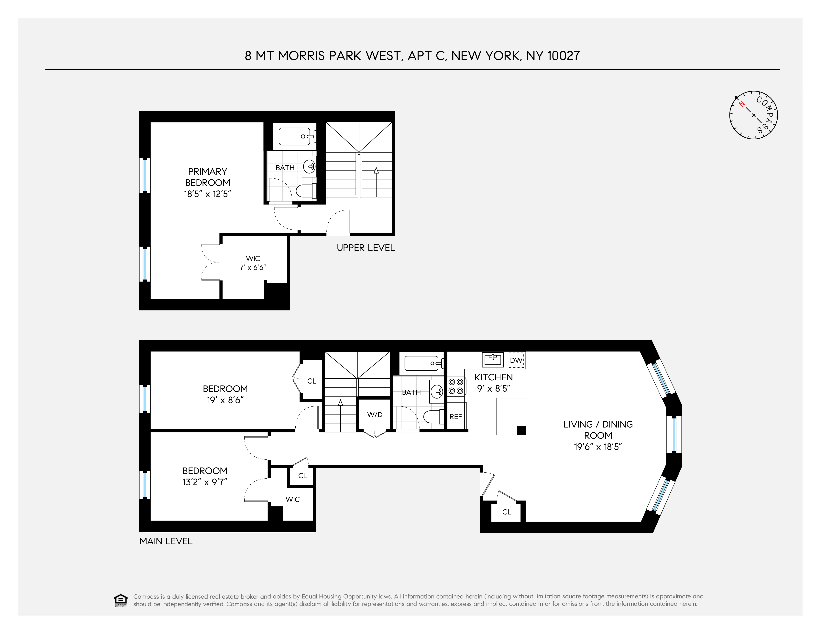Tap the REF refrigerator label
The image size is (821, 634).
456,417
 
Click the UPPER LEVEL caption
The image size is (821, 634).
365,248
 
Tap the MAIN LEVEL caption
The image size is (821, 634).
166,541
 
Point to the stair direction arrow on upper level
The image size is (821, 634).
376,171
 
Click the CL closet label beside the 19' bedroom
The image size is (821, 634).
312,381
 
